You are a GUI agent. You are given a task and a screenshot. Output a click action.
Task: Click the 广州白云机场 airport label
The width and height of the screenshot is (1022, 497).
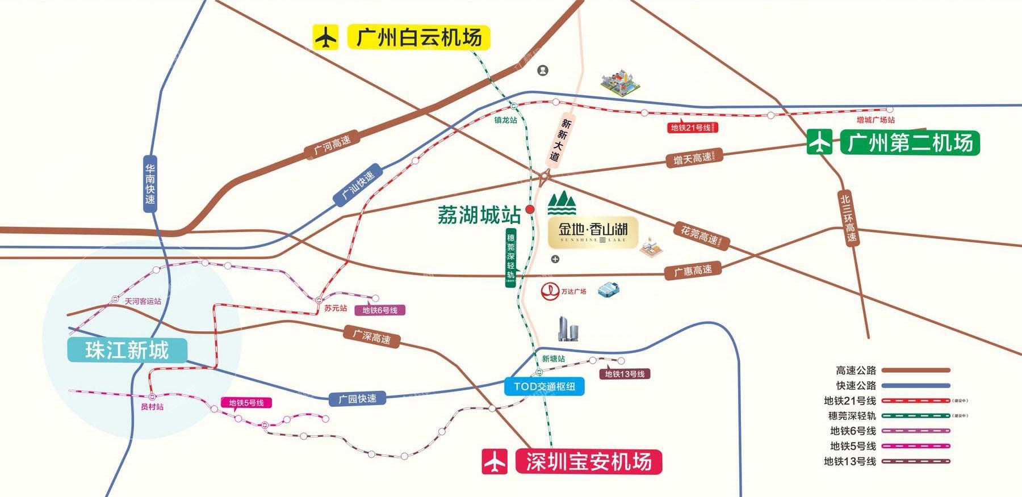click(x=419, y=37)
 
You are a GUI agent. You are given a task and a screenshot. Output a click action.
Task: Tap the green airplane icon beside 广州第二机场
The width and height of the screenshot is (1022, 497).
click(x=819, y=142)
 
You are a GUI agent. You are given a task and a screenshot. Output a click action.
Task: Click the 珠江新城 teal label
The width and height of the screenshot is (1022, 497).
click(x=127, y=350)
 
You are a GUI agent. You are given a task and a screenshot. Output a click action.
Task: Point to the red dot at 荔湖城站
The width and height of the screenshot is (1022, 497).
click(x=530, y=209)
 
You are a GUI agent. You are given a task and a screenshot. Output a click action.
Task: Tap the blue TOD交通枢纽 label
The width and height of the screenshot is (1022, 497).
click(x=544, y=386)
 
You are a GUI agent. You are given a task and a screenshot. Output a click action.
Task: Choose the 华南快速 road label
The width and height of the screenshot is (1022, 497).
click(x=150, y=184)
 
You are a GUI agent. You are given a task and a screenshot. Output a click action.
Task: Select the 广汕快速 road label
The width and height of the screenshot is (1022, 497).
click(x=358, y=185)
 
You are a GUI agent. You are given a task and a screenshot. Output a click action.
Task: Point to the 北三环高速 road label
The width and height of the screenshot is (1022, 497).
click(x=848, y=218)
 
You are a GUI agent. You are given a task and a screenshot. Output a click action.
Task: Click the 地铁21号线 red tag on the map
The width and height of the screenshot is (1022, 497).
click(x=692, y=128)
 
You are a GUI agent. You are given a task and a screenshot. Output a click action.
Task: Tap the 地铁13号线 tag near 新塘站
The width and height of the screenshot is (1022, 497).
click(x=625, y=374)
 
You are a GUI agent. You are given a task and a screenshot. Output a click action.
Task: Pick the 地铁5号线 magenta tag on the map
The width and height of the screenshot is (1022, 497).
click(x=246, y=403)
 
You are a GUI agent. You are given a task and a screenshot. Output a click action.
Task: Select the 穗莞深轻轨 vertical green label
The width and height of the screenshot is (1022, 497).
click(x=510, y=258)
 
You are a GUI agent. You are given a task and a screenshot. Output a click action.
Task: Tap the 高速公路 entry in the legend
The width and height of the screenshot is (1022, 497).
click(x=856, y=370)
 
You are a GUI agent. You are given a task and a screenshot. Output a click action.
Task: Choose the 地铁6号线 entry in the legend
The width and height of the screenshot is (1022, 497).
click(x=853, y=431)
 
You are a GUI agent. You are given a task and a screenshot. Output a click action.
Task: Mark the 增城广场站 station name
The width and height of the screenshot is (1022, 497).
click(x=876, y=120)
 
